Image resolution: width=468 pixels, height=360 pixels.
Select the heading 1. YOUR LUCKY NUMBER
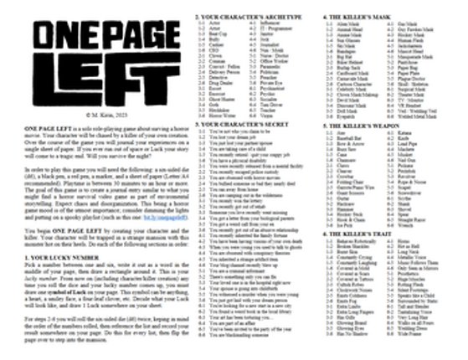click(x=50, y=258)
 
